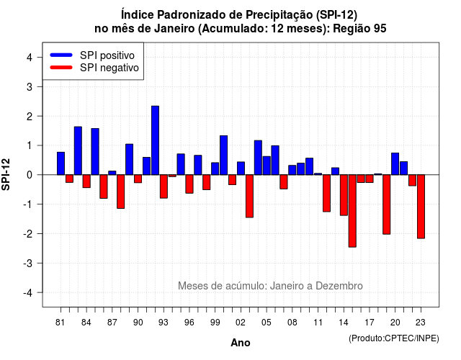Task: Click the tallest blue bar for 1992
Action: (155, 140)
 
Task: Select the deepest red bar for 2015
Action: (352, 211)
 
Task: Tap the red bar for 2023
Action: (421, 207)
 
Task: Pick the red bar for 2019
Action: (386, 204)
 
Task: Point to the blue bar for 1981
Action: (61, 163)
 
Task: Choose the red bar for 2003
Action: (249, 196)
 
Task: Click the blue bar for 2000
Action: (224, 156)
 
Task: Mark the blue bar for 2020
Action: (395, 163)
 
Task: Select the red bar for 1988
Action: (121, 192)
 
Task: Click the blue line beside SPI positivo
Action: (61, 55)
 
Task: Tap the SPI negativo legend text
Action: (109, 68)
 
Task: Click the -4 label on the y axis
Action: (28, 293)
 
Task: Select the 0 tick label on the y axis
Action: (30, 175)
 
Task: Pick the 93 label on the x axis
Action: (164, 323)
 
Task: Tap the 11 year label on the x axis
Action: (318, 323)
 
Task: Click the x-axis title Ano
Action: (241, 343)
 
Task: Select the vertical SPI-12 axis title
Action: (6, 174)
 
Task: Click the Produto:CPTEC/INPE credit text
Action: (394, 338)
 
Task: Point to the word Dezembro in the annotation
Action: (339, 286)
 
